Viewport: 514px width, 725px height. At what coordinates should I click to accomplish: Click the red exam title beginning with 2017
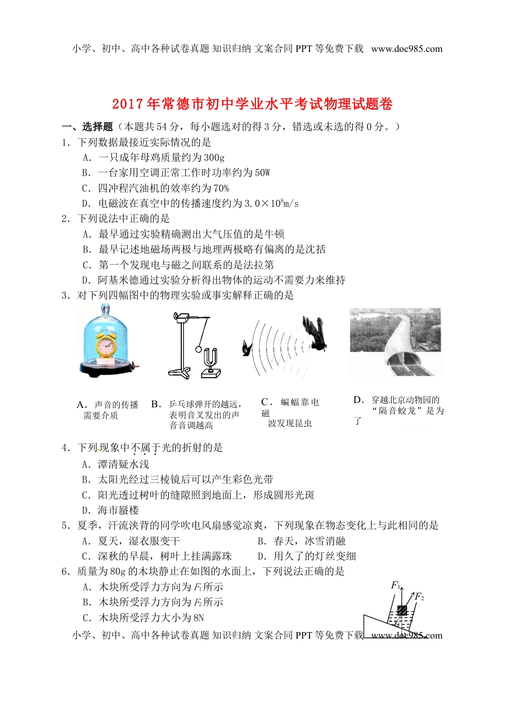click(x=252, y=104)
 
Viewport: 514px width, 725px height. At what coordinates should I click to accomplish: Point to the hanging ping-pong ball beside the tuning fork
click(x=199, y=349)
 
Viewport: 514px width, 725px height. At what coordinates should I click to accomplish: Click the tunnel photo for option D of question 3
click(x=395, y=343)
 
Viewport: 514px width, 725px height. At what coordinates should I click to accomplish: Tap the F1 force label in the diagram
click(x=396, y=586)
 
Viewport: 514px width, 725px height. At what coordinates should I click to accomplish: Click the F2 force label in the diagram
click(x=419, y=596)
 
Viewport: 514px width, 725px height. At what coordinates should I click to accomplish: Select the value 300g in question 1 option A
click(x=214, y=158)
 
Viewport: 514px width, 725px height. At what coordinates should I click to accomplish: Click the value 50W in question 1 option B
click(x=262, y=173)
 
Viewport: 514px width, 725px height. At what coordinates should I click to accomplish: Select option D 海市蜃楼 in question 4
click(x=118, y=511)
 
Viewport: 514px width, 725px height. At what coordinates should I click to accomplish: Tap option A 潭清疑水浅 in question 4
click(x=123, y=465)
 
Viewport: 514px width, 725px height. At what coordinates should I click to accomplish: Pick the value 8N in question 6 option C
click(x=198, y=618)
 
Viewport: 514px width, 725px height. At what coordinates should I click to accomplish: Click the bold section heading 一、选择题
click(x=87, y=127)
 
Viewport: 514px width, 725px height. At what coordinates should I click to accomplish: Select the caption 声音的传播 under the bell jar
click(x=116, y=405)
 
